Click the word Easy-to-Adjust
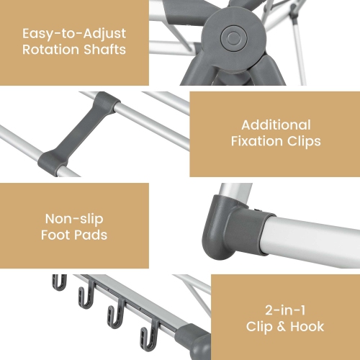[x=74, y=34]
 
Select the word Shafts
[x=106, y=50]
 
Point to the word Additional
[x=276, y=125]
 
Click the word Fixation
[x=257, y=141]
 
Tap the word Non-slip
[x=74, y=219]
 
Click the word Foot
[x=59, y=235]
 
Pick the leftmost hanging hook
[x=59, y=282]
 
